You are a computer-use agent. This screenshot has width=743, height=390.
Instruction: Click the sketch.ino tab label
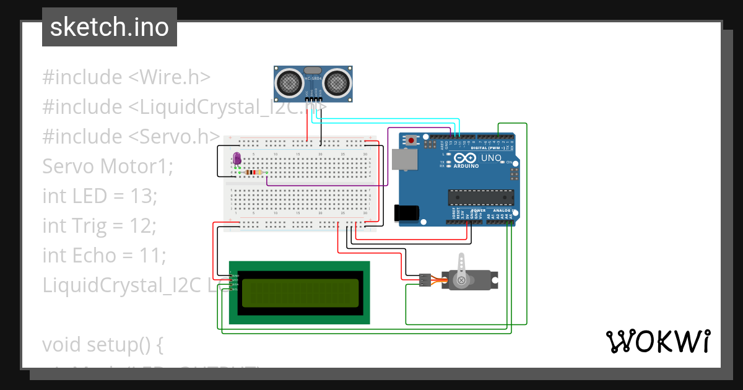coord(109,27)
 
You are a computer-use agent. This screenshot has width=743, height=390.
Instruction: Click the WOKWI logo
coord(658,341)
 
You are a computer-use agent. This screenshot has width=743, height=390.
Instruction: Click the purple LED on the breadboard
coord(237,158)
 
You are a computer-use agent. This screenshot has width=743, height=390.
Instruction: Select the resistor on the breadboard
coord(253,172)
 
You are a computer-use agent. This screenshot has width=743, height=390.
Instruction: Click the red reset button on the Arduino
coord(412,141)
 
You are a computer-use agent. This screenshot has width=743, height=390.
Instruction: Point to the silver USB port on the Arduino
coord(405,160)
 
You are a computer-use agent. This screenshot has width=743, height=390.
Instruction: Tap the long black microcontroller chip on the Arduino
coord(482,197)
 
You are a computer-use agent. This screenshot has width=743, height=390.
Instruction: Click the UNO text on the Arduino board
coord(492,158)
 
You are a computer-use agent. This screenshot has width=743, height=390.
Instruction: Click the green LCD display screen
coord(300,293)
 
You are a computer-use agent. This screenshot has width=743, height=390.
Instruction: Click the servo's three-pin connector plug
coord(425,280)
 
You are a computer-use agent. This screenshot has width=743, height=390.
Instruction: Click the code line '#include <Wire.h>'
coord(127,77)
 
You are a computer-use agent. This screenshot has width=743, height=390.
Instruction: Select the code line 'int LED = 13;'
coord(100,196)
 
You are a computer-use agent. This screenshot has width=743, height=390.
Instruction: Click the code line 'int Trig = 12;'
coord(99,226)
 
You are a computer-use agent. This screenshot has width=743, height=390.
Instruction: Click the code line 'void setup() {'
coord(103,344)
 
